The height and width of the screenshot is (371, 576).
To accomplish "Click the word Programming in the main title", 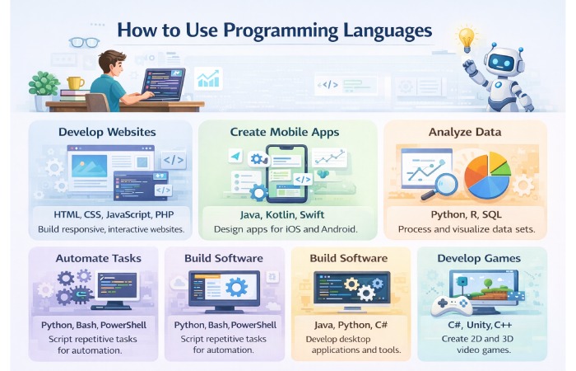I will click(274, 31).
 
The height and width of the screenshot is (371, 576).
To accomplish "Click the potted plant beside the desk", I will click(42, 85).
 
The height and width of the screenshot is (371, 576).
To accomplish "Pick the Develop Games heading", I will click(479, 258).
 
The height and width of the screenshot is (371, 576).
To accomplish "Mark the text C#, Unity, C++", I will click(479, 325).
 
